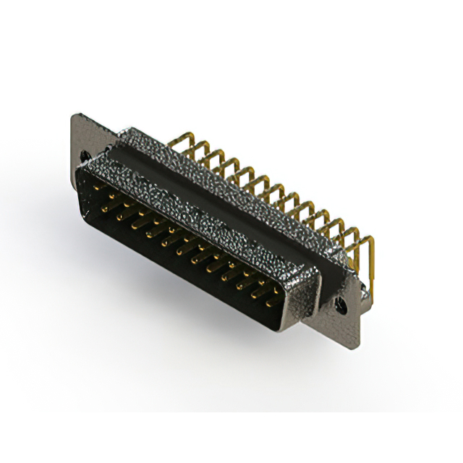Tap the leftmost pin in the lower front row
(106, 209)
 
